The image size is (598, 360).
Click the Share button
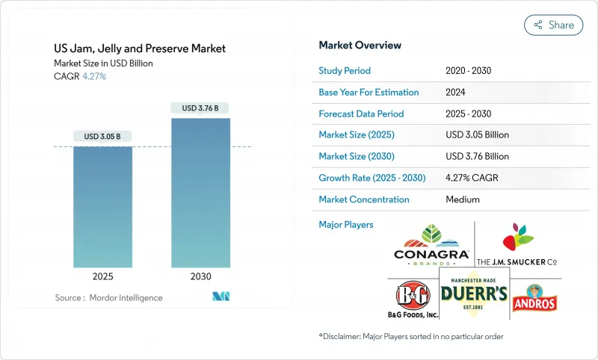(553, 25)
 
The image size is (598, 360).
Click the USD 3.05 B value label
(102, 137)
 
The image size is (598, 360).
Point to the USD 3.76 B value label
(200, 108)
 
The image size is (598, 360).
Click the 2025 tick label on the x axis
(102, 276)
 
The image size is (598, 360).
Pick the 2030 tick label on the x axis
(200, 276)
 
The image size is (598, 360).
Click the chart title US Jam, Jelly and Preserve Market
(140, 49)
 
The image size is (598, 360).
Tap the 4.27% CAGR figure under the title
(93, 76)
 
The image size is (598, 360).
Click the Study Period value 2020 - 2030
(469, 71)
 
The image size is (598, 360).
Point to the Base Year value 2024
(455, 93)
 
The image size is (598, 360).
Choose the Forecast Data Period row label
(361, 114)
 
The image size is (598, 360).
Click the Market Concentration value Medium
(462, 199)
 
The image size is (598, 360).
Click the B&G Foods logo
(411, 296)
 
